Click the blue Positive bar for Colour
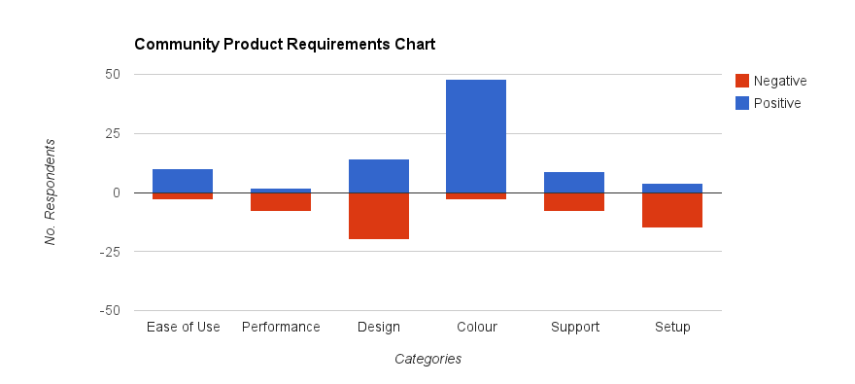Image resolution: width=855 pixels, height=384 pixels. pos(476,136)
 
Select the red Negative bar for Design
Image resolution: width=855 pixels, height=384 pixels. pos(379,216)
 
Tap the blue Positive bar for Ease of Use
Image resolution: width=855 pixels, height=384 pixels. pos(183,181)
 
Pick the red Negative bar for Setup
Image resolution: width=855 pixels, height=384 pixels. pos(672,210)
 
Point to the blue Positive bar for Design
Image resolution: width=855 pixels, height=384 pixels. pos(379,176)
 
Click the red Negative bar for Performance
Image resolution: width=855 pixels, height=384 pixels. pos(281,201)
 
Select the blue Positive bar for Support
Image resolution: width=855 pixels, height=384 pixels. pos(574,182)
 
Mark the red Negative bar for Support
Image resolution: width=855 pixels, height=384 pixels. pos(574,201)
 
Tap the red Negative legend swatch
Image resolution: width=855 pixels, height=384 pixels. pos(742,81)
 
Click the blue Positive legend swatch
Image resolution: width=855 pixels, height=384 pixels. pos(742,102)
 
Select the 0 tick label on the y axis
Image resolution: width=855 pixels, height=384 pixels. pos(116,192)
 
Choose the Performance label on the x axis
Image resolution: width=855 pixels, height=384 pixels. pos(281,327)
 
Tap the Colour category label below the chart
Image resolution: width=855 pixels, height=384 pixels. pos(476,327)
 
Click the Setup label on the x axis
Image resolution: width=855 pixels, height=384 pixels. pos(672,327)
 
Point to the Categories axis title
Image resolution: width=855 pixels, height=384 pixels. pos(427,359)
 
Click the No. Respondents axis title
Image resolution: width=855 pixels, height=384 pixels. pos(51,192)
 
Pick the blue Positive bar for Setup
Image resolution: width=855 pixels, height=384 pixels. pos(672,188)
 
